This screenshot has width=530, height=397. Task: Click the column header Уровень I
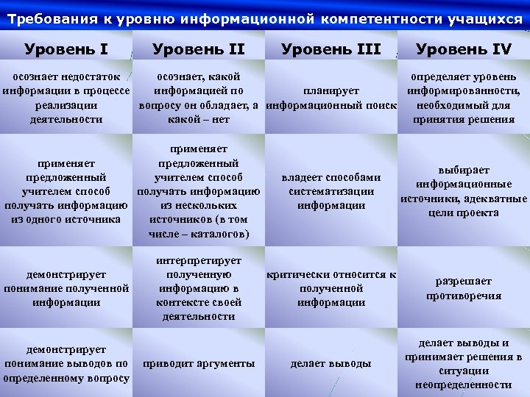66,50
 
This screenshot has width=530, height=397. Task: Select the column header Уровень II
198,50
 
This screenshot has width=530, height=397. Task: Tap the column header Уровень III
331,50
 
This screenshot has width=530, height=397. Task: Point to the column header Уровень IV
463,50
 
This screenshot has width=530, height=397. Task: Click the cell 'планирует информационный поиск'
331,98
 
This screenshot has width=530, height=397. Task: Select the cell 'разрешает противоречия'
464,288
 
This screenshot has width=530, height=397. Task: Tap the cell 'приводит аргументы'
199,363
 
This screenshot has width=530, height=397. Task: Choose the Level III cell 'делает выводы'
331,363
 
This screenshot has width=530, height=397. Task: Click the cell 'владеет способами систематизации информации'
331,191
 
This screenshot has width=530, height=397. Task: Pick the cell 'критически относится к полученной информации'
331,288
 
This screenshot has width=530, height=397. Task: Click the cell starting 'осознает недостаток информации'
66,98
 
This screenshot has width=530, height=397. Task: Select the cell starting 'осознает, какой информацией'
199,98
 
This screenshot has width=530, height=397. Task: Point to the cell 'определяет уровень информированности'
464,98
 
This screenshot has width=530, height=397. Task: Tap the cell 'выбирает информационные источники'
464,191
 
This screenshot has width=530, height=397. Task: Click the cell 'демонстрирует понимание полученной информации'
66,288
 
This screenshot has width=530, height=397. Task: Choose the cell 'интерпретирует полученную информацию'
199,288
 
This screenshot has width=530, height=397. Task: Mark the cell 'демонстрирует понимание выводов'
66,363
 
